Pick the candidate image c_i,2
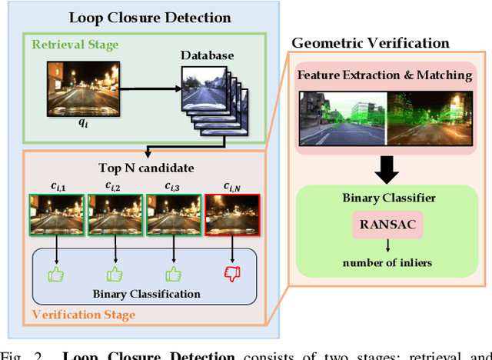[112, 215]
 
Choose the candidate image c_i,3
[171, 215]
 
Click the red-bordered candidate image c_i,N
[231, 215]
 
